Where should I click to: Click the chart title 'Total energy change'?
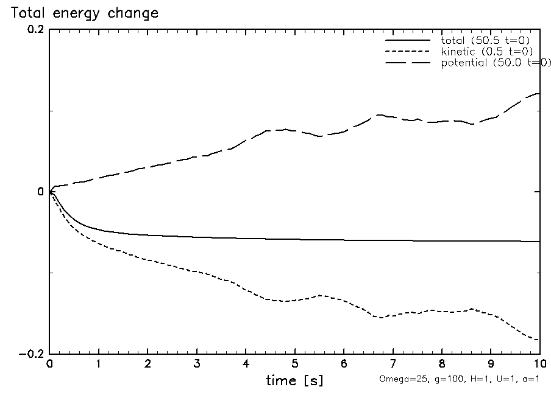tap(84, 13)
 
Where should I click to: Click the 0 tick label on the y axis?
tap(41, 192)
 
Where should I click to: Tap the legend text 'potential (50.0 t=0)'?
tap(496, 64)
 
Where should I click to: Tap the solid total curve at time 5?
tap(295, 239)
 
